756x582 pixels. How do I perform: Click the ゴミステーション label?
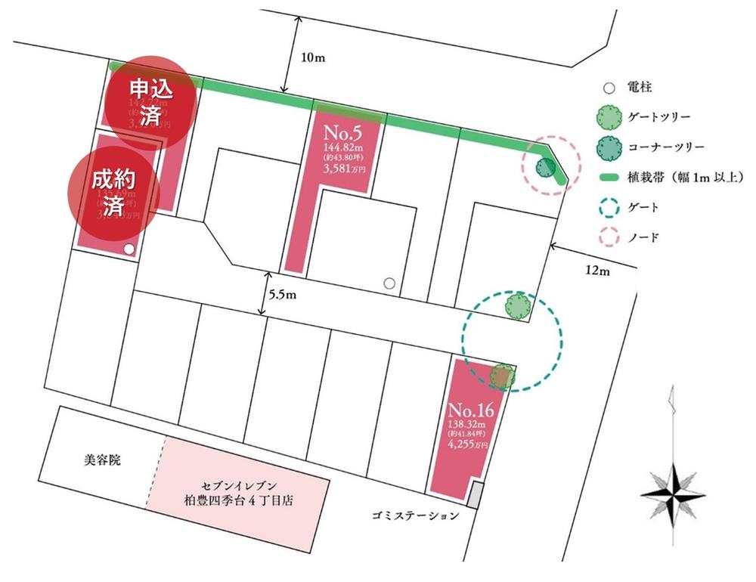click(415, 516)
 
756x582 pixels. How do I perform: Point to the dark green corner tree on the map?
click(544, 167)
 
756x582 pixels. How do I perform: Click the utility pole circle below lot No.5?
click(389, 283)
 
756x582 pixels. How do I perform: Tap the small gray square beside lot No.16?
click(474, 497)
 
